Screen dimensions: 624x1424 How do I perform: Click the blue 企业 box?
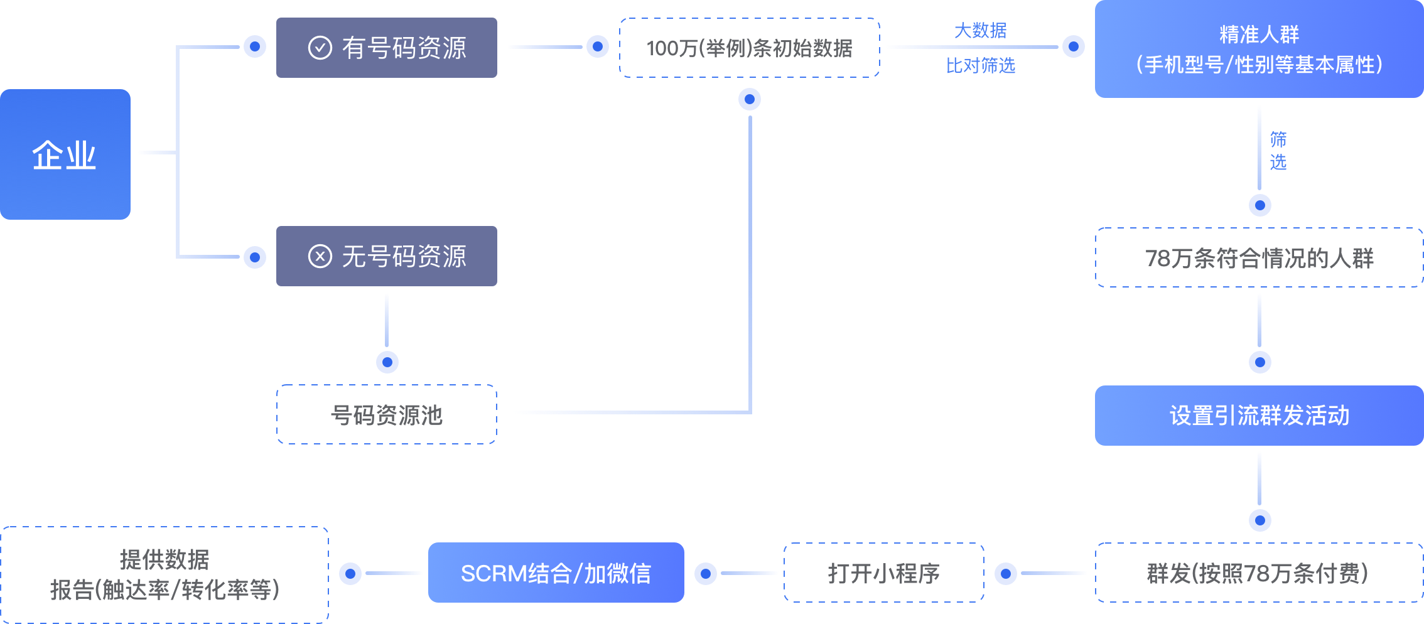pyautogui.click(x=65, y=154)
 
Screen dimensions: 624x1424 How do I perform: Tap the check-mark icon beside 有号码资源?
pyautogui.click(x=320, y=48)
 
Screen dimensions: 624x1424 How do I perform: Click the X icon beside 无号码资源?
pyautogui.click(x=320, y=256)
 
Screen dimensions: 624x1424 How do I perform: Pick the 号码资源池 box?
pyautogui.click(x=387, y=415)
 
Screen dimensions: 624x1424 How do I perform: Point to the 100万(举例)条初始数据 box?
pyautogui.click(x=749, y=48)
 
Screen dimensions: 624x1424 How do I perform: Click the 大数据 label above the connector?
pyautogui.click(x=980, y=30)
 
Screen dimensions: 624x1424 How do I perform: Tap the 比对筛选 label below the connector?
pyautogui.click(x=980, y=65)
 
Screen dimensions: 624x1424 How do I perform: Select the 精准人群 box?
pyautogui.click(x=1259, y=49)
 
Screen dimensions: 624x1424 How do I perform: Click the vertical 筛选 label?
pyautogui.click(x=1278, y=151)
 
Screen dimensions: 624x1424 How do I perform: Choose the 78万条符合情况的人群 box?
pyautogui.click(x=1259, y=258)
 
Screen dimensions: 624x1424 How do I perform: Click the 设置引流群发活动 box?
pyautogui.click(x=1259, y=416)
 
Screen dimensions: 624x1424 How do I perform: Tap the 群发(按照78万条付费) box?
pyautogui.click(x=1259, y=573)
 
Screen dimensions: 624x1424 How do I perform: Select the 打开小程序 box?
pyautogui.click(x=883, y=573)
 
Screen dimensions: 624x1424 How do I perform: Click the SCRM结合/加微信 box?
pyautogui.click(x=556, y=573)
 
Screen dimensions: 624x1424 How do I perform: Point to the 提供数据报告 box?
pyautogui.click(x=165, y=574)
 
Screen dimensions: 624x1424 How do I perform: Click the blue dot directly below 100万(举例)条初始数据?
pyautogui.click(x=750, y=99)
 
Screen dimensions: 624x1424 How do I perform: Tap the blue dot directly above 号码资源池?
pyautogui.click(x=387, y=362)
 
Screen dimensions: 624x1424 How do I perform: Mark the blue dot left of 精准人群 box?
pyautogui.click(x=1074, y=46)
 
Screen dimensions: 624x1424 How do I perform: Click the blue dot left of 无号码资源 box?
pyautogui.click(x=255, y=257)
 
